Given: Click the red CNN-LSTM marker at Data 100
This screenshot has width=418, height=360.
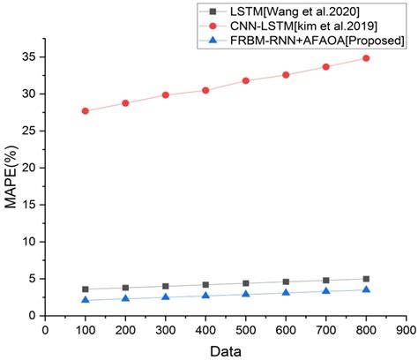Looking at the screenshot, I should coord(86,111).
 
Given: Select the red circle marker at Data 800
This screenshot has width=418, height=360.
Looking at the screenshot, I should coord(366,58).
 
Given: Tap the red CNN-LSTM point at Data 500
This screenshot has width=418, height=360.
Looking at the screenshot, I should coord(246,80).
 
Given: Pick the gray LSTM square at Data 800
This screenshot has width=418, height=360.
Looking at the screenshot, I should coord(366,279).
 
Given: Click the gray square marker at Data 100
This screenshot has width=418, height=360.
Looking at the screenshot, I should coord(86,289).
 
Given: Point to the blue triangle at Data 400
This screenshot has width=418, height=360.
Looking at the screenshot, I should coord(205,296).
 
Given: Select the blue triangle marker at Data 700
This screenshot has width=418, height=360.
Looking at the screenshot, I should coord(326,291).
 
